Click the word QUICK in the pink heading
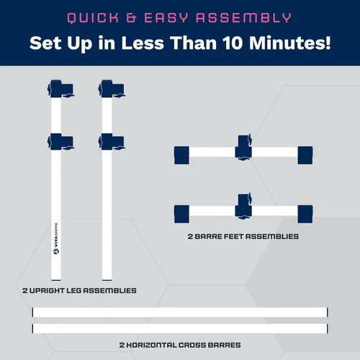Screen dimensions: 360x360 [93, 18]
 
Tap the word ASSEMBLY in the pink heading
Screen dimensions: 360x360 [243, 18]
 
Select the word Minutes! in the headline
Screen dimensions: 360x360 [290, 43]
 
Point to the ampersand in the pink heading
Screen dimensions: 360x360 [131, 18]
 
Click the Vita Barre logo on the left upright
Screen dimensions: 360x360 [56, 238]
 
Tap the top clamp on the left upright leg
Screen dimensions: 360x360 [60, 89]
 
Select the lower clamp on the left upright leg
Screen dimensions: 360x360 [60, 142]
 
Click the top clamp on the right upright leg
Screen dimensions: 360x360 [112, 89]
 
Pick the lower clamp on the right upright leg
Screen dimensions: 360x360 [112, 142]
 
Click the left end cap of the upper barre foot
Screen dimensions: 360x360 [181, 155]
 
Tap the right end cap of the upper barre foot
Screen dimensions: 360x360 [305, 155]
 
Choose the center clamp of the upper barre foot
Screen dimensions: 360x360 [243, 147]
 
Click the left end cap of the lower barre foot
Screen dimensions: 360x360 [181, 214]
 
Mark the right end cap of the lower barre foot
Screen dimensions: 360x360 [305, 214]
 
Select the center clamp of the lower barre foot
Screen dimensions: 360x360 [243, 206]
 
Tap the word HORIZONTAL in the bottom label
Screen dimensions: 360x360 [151, 345]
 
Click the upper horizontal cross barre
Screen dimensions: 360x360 [180, 312]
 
